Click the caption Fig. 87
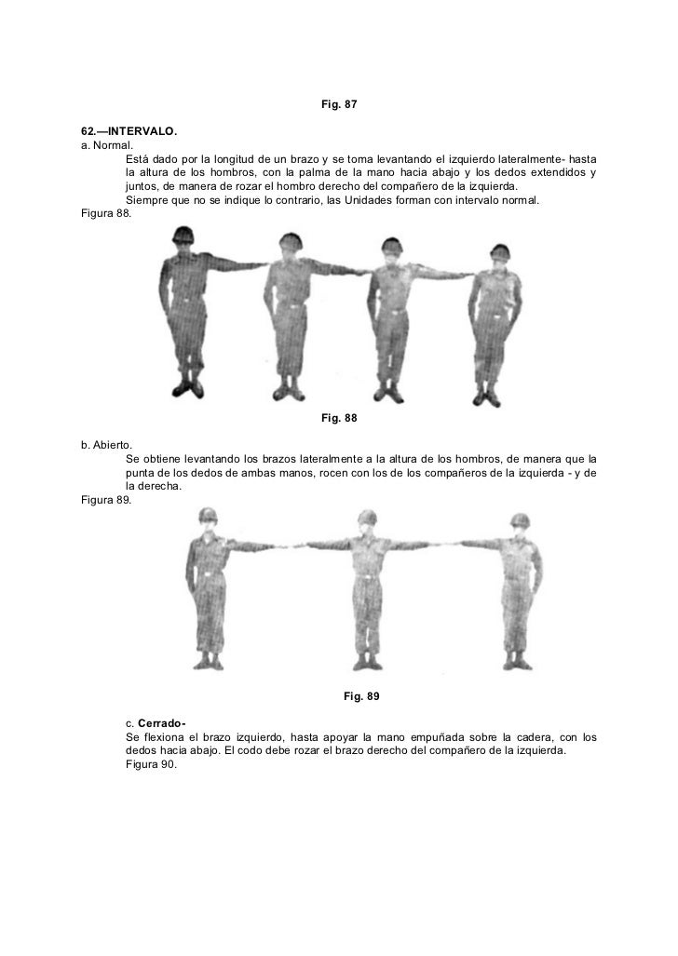339,104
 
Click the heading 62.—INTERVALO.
129,131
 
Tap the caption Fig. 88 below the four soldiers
339,418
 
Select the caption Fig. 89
361,696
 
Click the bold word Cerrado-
161,723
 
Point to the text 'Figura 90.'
152,764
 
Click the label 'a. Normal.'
107,145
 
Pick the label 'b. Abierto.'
107,445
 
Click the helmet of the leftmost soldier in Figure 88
183,235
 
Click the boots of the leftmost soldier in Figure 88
188,388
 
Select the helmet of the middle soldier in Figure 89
367,517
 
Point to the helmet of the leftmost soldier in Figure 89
209,515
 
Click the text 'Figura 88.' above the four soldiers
106,214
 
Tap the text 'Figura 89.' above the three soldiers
106,501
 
